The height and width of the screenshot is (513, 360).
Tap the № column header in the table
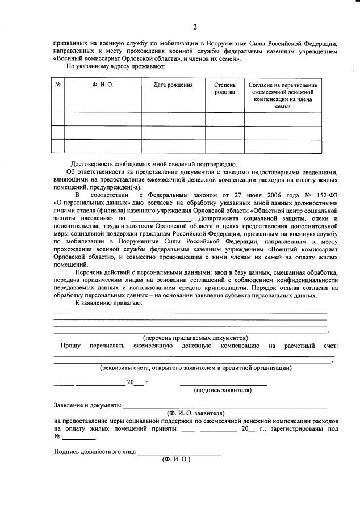click(57, 85)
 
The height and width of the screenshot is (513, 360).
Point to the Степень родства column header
click(224, 89)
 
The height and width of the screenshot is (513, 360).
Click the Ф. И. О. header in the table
click(102, 85)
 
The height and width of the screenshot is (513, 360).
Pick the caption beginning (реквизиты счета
click(196, 368)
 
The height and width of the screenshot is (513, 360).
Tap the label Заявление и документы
click(87, 406)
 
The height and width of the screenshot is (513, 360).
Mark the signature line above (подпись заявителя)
click(223, 385)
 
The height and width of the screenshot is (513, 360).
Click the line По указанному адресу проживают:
click(116, 66)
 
